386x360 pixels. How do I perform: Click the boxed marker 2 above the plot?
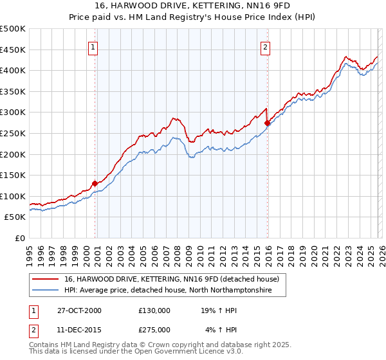(265, 46)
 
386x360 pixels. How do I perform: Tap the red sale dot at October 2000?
(95, 183)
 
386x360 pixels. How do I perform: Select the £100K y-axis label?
(13, 196)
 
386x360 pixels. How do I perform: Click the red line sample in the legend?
(45, 280)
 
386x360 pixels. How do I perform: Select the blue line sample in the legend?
(45, 291)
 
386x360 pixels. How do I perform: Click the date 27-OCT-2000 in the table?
(79, 310)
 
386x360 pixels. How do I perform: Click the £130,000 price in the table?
(154, 310)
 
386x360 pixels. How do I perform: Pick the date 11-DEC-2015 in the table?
(79, 330)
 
